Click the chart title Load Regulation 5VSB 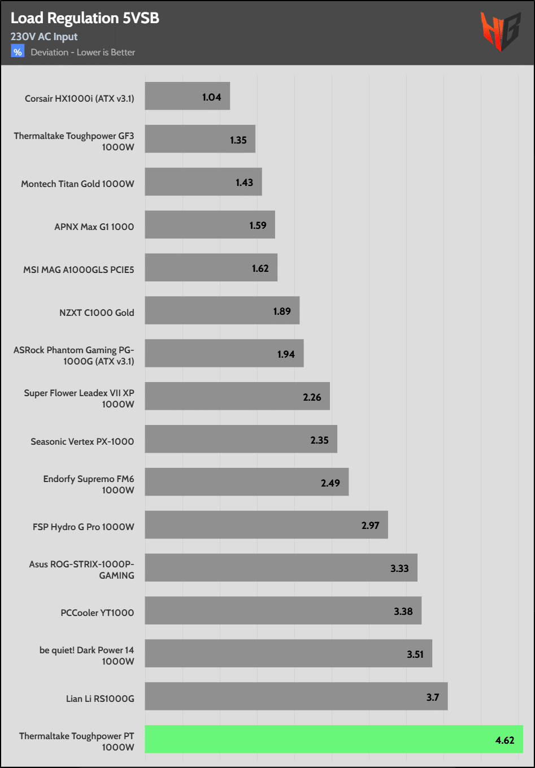point(85,18)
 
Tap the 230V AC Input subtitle point(44,37)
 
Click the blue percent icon point(18,52)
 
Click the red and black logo point(499,32)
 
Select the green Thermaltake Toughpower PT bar point(333,739)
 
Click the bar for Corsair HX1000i point(187,96)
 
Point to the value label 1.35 point(238,140)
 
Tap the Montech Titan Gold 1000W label point(77,184)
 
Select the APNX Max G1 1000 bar point(210,225)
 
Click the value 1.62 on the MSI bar point(260,268)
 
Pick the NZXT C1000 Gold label point(97,313)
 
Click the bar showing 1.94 point(224,353)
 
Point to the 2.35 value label point(319,440)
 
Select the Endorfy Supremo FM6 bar point(246,482)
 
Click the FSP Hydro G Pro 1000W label point(83,527)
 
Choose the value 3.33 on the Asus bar point(399,569)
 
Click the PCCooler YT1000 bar point(282,611)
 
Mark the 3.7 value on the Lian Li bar point(433,697)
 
